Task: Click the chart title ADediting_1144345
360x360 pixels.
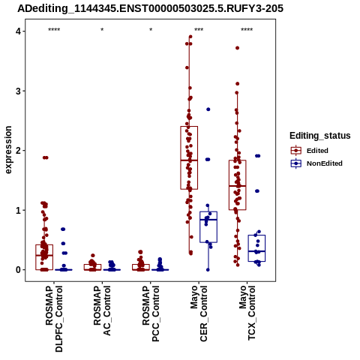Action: [150, 9]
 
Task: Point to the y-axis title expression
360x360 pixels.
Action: [8, 150]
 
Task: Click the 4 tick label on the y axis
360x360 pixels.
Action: [18, 31]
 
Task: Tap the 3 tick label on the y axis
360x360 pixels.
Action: [18, 91]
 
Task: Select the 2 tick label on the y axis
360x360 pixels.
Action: [18, 151]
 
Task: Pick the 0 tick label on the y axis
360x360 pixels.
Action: [18, 270]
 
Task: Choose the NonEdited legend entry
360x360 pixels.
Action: [316, 163]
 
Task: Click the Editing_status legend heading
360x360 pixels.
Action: [320, 136]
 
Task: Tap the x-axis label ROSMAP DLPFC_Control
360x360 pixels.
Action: [54, 319]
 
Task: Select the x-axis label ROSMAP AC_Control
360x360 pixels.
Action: [102, 310]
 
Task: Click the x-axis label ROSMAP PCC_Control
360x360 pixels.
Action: [151, 313]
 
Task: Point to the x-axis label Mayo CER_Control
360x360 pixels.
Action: [199, 313]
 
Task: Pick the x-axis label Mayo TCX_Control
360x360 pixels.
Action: [247, 313]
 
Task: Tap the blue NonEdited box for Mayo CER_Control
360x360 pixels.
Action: [208, 227]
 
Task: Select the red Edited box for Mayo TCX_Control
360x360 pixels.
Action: [238, 185]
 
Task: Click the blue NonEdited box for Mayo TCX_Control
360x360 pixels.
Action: [256, 248]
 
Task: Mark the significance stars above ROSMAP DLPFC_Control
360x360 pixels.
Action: [54, 30]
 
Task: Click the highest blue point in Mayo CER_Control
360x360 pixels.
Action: [208, 109]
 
